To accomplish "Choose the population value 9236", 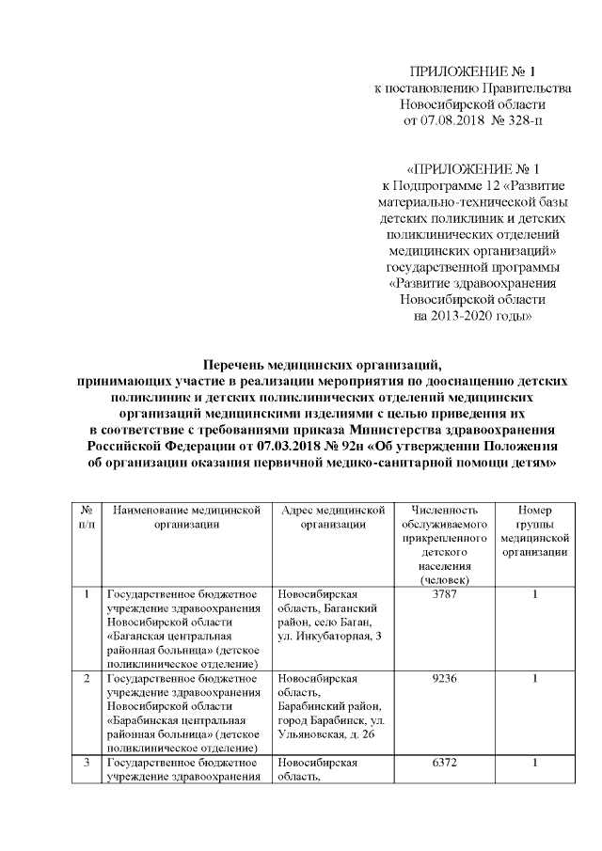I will coord(443,678).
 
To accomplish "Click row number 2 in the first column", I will coord(87,678).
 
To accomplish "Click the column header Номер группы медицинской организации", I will coord(534,530).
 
